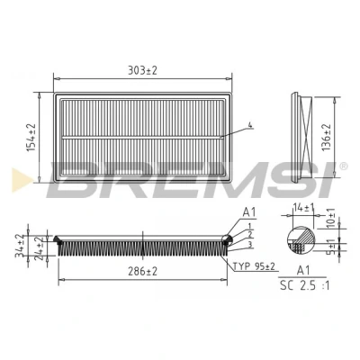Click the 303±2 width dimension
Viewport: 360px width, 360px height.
[x=142, y=71]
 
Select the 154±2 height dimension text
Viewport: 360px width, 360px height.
[x=31, y=138]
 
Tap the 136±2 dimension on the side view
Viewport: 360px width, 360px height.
[x=327, y=138]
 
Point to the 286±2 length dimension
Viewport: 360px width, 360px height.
[x=142, y=272]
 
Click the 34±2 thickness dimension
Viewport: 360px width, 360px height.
[x=21, y=246]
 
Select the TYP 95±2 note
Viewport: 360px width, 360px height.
[x=254, y=266]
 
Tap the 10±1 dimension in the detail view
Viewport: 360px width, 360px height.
[x=330, y=218]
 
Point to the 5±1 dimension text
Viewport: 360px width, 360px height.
[x=330, y=247]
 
